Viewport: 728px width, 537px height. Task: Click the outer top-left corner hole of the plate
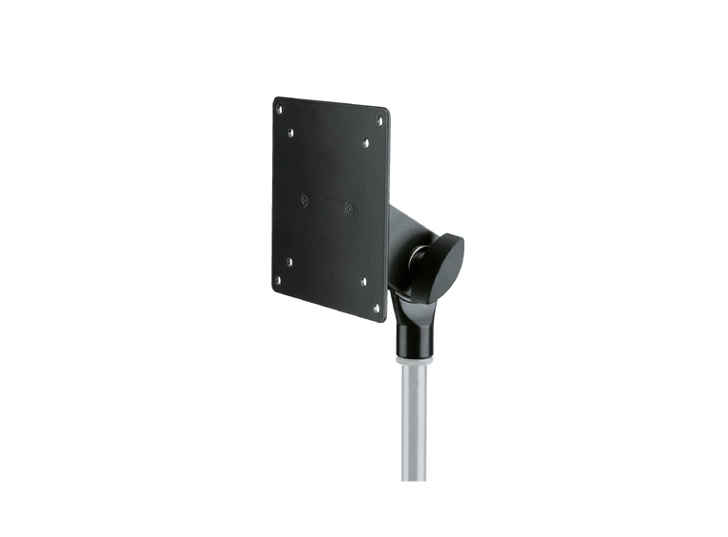(279, 110)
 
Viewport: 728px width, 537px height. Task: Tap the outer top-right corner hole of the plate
(379, 121)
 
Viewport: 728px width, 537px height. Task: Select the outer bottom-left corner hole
(278, 281)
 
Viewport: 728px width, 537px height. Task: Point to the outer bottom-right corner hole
(375, 308)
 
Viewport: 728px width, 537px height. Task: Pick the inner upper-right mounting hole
(366, 143)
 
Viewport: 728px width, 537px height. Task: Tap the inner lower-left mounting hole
(289, 260)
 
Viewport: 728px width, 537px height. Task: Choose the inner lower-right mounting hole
(363, 282)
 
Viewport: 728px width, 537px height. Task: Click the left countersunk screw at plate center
(305, 200)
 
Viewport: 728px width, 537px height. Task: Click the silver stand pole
(412, 420)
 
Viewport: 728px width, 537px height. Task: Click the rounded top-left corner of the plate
(275, 100)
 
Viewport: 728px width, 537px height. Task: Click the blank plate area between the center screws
(327, 204)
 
